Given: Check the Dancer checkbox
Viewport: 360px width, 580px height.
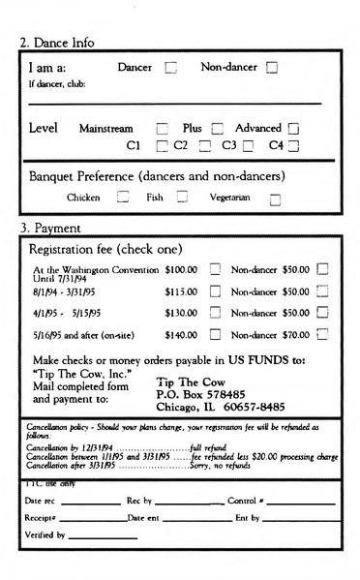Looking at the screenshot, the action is (171, 68).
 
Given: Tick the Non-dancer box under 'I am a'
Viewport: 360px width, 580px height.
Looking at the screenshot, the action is (272, 68).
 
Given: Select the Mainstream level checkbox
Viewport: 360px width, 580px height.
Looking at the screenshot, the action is (163, 129).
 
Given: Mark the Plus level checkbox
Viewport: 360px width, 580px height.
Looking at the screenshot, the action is (217, 129).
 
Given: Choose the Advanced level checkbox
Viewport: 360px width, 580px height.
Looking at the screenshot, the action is (294, 129).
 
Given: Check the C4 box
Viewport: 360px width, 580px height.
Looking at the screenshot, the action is (294, 146).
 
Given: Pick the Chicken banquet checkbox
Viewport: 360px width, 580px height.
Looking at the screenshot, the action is (123, 198).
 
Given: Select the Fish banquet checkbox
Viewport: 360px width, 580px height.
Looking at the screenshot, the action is (181, 198).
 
